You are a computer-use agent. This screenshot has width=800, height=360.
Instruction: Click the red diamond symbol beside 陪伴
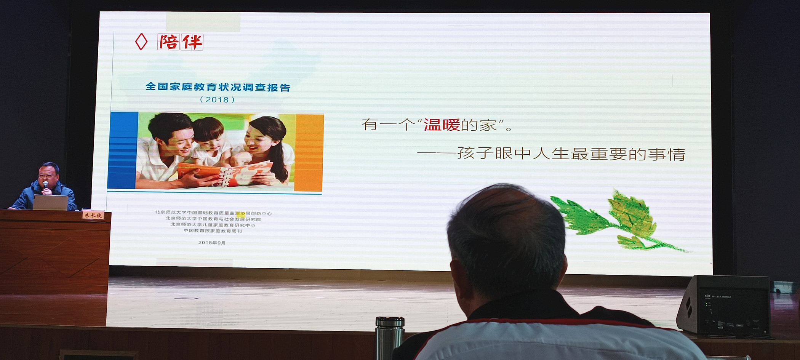[x=141, y=42]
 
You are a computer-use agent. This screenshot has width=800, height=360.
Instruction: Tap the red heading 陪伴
[x=180, y=42]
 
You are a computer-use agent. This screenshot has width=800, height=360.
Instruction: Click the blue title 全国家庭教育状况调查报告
[x=218, y=87]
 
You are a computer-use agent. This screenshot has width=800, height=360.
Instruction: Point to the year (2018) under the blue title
[x=217, y=100]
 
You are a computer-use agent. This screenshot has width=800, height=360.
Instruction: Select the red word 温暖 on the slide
[x=442, y=125]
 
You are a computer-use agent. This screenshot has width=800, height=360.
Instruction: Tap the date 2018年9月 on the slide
[x=212, y=243]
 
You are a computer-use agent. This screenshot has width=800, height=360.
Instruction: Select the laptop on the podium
[x=50, y=202]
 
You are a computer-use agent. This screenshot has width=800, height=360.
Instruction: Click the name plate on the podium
[x=93, y=215]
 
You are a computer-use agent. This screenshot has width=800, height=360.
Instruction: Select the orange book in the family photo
[x=225, y=171]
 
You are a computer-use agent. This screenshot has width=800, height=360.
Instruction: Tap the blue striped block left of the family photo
[x=123, y=150]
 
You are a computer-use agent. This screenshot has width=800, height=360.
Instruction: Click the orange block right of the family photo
[x=309, y=152]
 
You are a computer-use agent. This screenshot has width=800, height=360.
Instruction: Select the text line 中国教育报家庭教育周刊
[x=213, y=231]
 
